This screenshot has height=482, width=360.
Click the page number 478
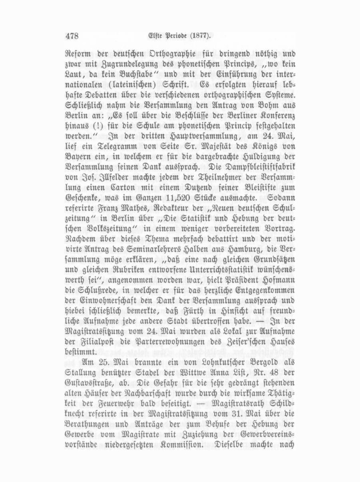click(72, 36)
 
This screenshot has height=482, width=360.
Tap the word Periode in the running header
click(175, 36)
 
